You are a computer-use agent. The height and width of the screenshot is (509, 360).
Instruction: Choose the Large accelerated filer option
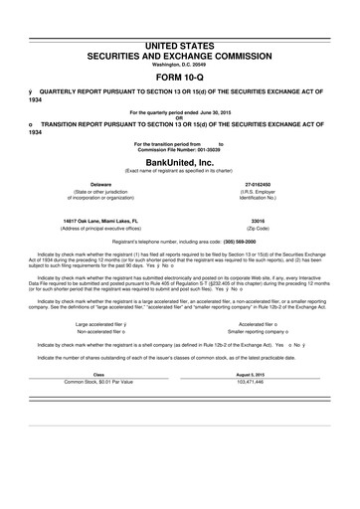[x=104, y=352]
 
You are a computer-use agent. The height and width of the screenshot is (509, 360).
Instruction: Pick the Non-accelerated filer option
[x=102, y=360]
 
